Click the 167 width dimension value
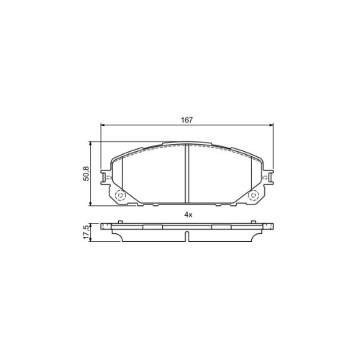(186, 120)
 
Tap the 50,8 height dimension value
(86, 174)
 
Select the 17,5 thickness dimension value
(86, 232)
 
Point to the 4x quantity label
(189, 215)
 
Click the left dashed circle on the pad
(120, 196)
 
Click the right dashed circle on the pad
(253, 196)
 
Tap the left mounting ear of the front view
(106, 177)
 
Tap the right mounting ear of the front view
(268, 177)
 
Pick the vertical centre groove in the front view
(187, 174)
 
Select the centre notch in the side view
(187, 236)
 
